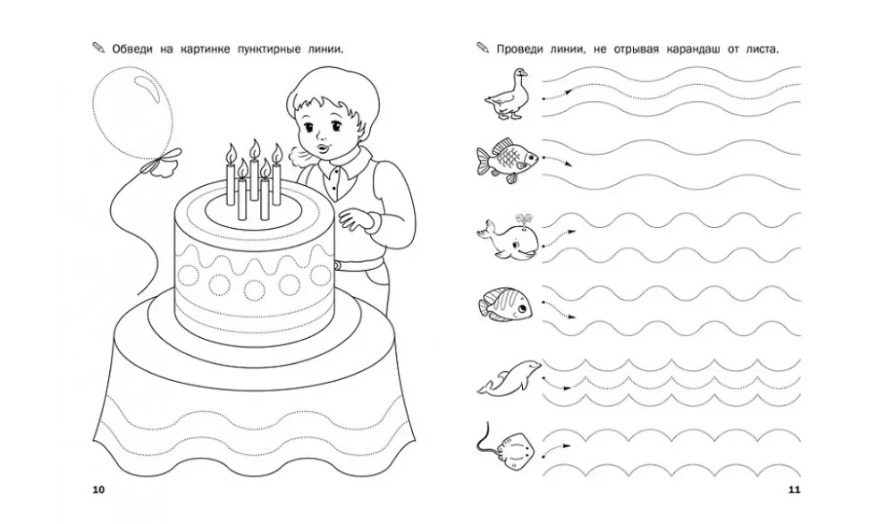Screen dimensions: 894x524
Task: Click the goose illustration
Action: (x=506, y=94)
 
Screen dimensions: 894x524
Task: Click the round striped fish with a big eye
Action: (x=506, y=303)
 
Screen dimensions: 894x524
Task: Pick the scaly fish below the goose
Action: (x=507, y=160)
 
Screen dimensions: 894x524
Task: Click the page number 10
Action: (x=98, y=489)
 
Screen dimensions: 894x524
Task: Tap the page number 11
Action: (x=794, y=489)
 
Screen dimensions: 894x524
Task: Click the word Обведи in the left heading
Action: (x=132, y=49)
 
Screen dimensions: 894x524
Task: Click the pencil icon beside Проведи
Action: (x=483, y=47)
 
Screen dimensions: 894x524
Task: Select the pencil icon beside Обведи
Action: (x=98, y=47)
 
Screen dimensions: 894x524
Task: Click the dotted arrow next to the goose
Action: (x=557, y=95)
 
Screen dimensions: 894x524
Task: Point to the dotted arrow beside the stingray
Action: (x=556, y=451)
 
